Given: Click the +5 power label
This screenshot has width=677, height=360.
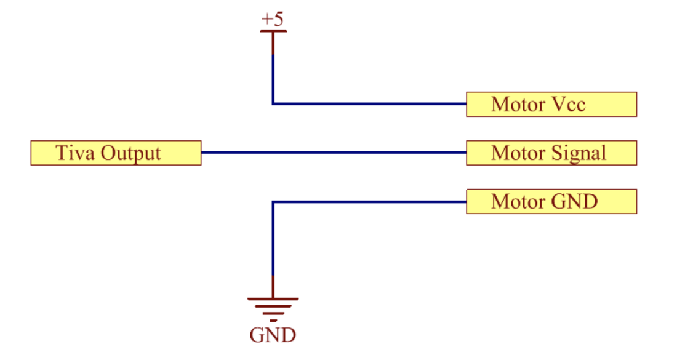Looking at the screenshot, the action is [273, 19].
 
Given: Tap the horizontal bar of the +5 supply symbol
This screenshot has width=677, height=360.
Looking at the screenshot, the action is [273, 31].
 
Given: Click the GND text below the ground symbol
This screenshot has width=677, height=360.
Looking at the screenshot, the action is [273, 335].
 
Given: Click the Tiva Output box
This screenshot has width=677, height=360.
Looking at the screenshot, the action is [116, 153].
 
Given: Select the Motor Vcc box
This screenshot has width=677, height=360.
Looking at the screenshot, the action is [551, 104].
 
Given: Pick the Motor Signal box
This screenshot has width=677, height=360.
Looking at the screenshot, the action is [551, 153].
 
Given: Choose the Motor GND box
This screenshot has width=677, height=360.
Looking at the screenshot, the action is [551, 202].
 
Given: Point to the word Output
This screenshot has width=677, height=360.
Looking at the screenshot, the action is [131, 154].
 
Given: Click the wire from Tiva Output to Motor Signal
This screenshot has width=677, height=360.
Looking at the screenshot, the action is [334, 153].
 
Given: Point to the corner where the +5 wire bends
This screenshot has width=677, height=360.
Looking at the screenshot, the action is [273, 104].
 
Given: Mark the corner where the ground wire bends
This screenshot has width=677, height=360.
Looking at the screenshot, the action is [273, 202].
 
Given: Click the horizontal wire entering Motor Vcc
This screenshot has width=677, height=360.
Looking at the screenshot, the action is [370, 104].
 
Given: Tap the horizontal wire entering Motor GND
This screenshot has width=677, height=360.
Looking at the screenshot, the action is [370, 202].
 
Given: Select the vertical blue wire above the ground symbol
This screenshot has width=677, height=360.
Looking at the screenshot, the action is [273, 238].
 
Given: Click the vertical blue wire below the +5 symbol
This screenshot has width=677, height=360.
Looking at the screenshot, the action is [273, 79].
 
